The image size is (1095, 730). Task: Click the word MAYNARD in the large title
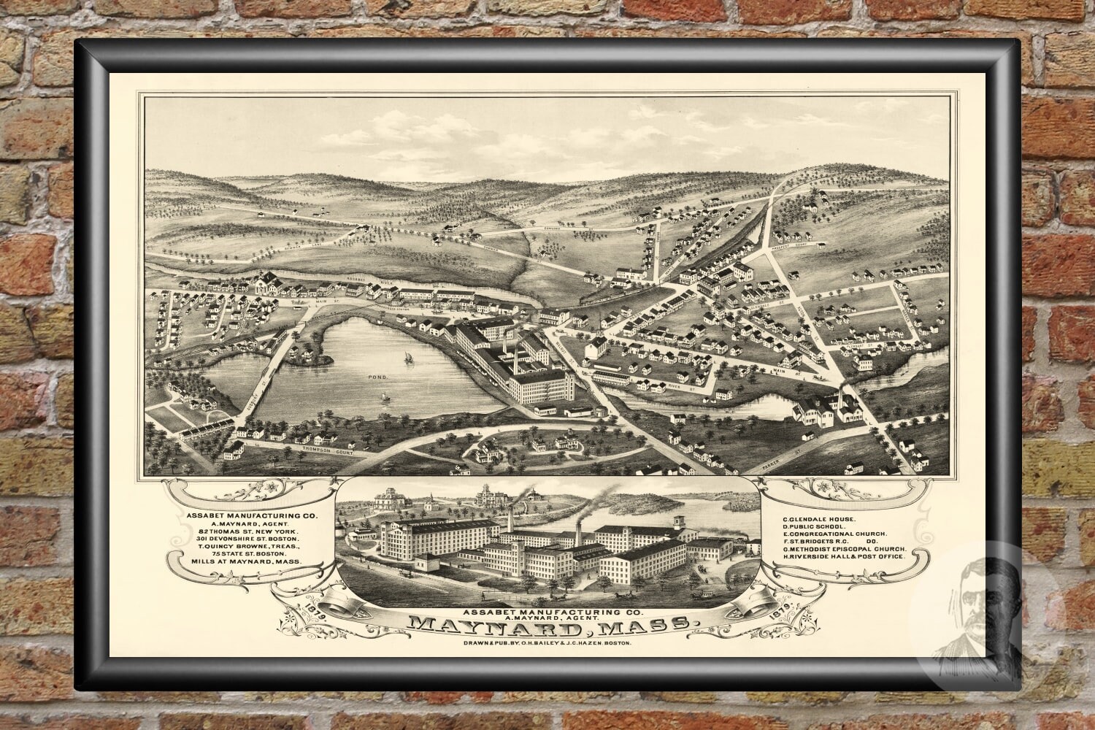495,625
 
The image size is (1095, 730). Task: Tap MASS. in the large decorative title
653,625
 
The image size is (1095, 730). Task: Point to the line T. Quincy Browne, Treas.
245,545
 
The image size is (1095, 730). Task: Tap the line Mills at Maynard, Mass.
245,564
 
